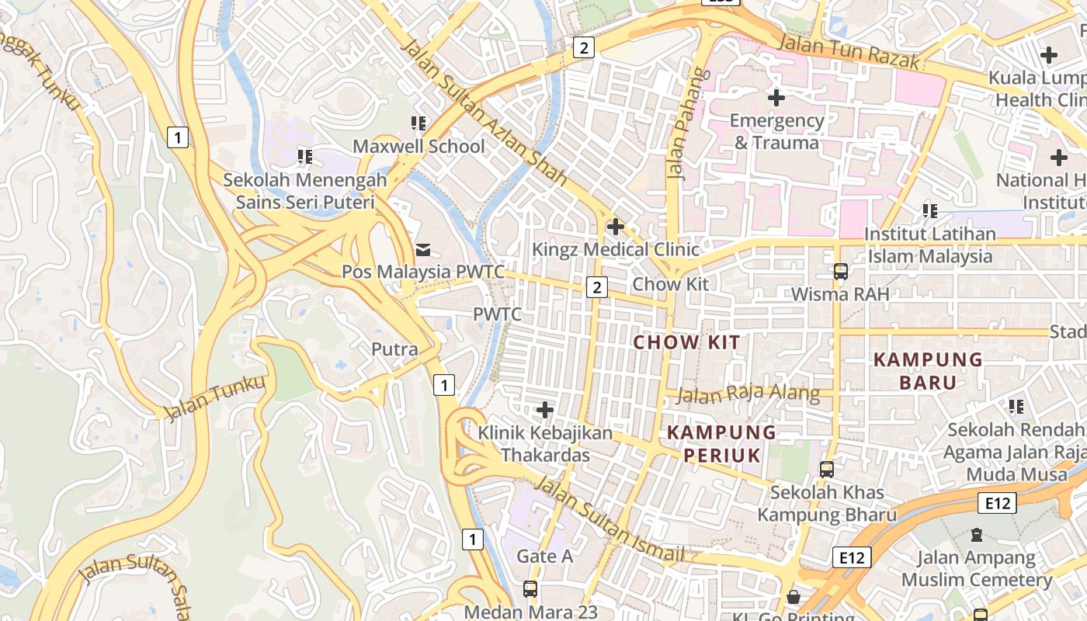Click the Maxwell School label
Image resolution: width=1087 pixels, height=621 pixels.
pyautogui.click(x=418, y=146)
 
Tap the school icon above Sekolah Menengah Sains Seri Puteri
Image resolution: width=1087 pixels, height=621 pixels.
pyautogui.click(x=305, y=157)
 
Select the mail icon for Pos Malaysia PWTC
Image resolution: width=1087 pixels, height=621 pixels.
pyautogui.click(x=423, y=249)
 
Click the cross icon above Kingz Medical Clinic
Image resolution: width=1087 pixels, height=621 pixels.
pyautogui.click(x=616, y=227)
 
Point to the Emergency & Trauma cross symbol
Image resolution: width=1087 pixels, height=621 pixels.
pyautogui.click(x=776, y=98)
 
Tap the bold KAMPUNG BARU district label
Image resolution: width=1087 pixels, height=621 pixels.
pyautogui.click(x=928, y=370)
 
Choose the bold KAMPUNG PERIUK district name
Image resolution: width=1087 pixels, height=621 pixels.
pyautogui.click(x=721, y=443)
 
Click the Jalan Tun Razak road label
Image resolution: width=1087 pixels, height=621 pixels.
pyautogui.click(x=848, y=51)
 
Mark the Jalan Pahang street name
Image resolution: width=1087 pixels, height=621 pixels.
pyautogui.click(x=678, y=124)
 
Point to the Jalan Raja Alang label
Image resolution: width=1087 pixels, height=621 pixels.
pyautogui.click(x=748, y=394)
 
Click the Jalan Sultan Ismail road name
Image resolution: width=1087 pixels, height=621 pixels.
pyautogui.click(x=610, y=520)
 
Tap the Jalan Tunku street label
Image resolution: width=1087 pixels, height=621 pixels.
pyautogui.click(x=215, y=397)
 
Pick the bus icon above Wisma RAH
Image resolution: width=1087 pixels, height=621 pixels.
pyautogui.click(x=840, y=272)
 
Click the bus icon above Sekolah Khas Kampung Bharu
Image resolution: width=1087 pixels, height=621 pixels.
pyautogui.click(x=827, y=469)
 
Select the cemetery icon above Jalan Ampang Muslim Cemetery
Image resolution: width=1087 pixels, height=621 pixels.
pyautogui.click(x=976, y=535)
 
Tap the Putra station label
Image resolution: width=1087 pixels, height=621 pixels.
pyautogui.click(x=394, y=349)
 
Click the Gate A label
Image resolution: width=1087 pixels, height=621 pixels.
pyautogui.click(x=545, y=556)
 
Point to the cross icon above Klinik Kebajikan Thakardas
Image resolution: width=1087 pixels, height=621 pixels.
pyautogui.click(x=545, y=409)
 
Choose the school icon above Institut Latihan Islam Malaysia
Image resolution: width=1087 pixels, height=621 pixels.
pyautogui.click(x=929, y=210)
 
